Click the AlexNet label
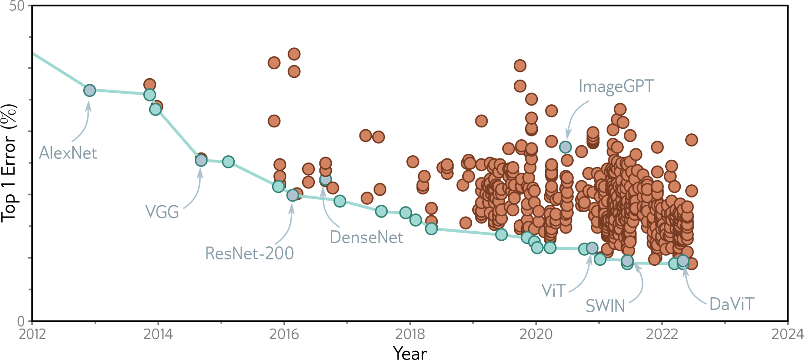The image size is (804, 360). point(68,153)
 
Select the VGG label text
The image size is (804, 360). point(162,212)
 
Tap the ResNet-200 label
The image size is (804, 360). point(249,253)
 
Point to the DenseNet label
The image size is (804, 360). point(366,237)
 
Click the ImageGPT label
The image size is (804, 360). point(616,86)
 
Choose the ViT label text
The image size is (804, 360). point(553,290)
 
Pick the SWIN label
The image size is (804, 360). point(605,306)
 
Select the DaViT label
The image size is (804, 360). point(732,304)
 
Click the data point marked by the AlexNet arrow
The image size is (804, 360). point(90,91)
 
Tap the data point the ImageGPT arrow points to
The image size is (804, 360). point(565,147)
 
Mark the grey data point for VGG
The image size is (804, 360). point(201,160)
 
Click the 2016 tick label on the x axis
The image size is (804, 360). point(284,335)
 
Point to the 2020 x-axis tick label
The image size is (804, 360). point(536,335)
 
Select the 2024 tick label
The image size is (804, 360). point(787,335)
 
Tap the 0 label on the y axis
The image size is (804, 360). point(21,321)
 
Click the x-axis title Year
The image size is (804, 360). point(410,353)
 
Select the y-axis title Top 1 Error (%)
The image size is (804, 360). point(9,162)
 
